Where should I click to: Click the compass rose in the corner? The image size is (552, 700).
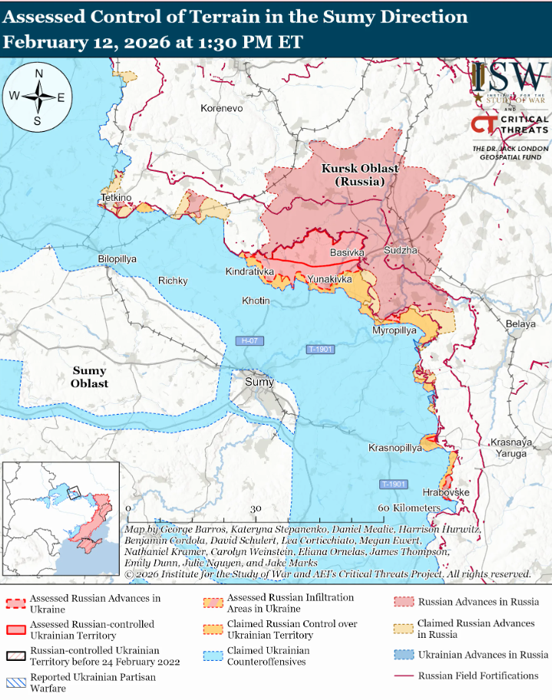click(38, 97)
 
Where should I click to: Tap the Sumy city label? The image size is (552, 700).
click(259, 381)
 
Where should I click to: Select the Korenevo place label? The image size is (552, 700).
click(221, 109)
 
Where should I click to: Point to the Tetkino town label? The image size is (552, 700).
click(116, 199)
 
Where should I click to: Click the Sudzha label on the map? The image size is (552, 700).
click(401, 251)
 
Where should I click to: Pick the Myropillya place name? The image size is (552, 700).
click(394, 330)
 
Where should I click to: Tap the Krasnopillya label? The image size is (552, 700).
click(395, 448)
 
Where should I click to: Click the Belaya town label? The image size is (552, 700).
click(520, 324)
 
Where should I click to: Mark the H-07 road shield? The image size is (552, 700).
click(248, 340)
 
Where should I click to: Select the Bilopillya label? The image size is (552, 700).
click(117, 259)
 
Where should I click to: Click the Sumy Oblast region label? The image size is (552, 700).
click(90, 377)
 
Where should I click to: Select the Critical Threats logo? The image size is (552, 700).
click(510, 124)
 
